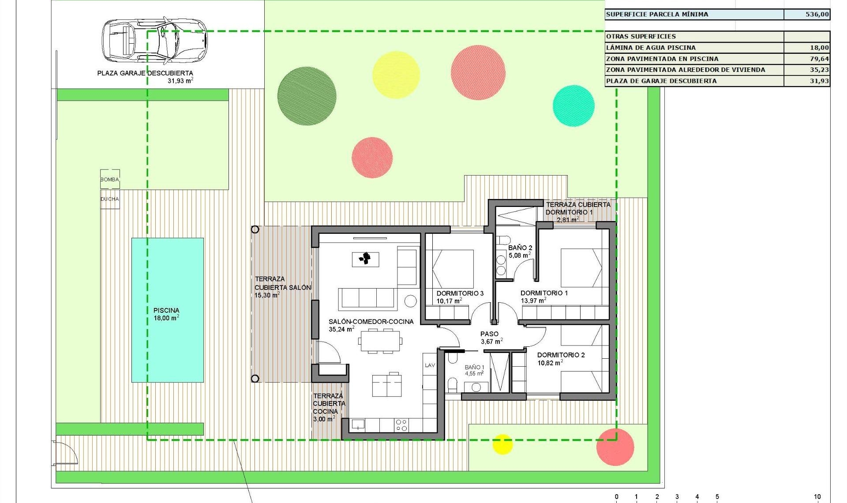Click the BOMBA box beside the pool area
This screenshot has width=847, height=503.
[x=110, y=179]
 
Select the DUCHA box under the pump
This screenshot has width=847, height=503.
[x=110, y=199]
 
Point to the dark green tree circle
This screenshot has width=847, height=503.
[x=307, y=96]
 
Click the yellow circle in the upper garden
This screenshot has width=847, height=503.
[x=396, y=75]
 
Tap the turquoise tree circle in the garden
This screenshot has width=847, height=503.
[x=573, y=106]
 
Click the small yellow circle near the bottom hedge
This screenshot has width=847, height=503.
[x=502, y=444]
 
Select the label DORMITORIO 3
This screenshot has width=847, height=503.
[x=460, y=293]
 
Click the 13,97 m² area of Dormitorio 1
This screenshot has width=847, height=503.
[x=533, y=301]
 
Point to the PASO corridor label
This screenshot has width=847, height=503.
[x=489, y=334]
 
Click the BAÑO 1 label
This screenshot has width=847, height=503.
[x=474, y=367]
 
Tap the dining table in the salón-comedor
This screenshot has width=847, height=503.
[x=380, y=341]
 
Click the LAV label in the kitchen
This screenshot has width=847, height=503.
[x=430, y=365]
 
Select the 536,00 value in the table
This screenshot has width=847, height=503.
[x=817, y=15]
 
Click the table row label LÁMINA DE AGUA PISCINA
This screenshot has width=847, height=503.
[x=651, y=48]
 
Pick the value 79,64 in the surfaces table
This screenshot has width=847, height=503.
[x=819, y=59]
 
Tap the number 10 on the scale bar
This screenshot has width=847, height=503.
[x=817, y=497]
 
